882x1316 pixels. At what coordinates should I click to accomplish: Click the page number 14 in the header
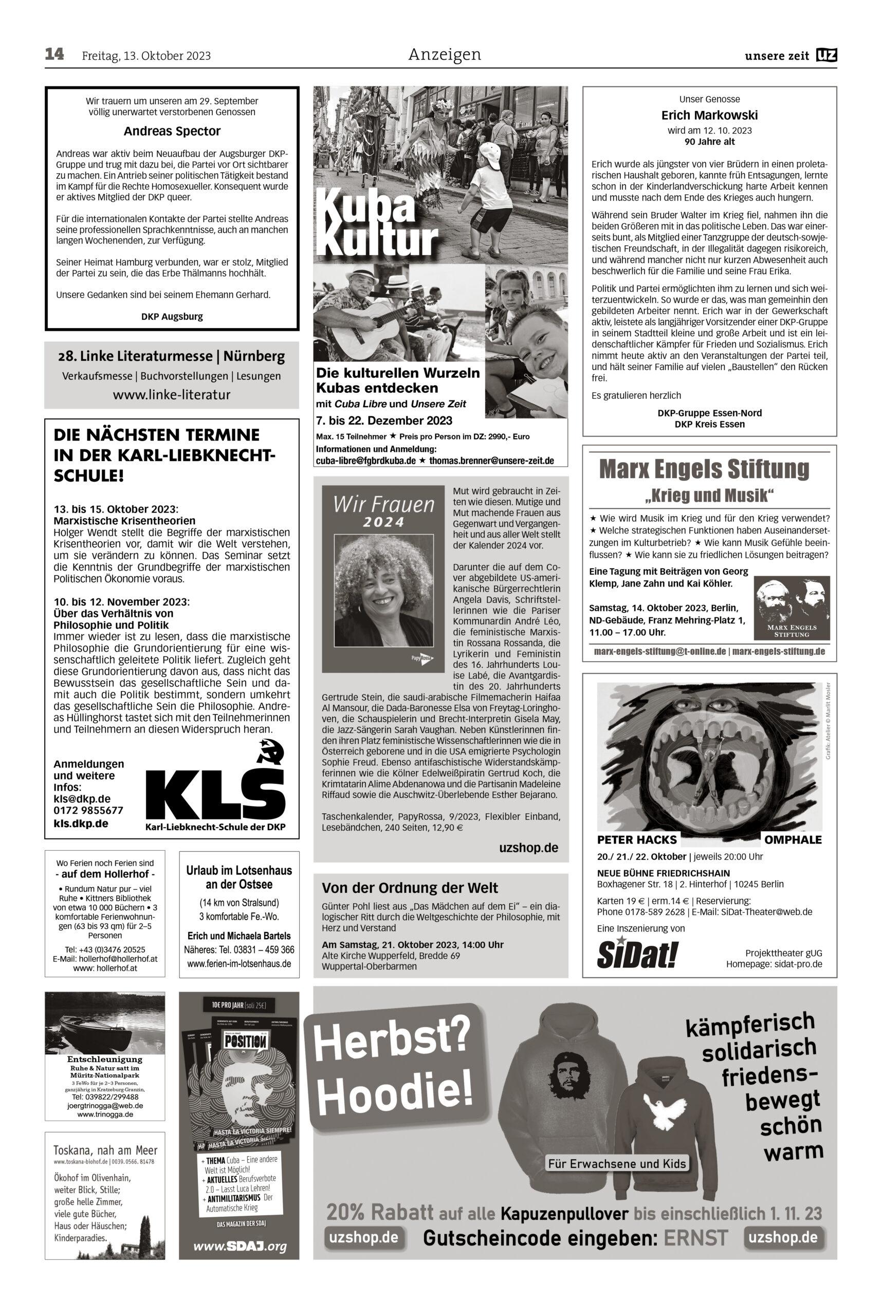[54, 54]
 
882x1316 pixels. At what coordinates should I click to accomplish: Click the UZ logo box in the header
[828, 56]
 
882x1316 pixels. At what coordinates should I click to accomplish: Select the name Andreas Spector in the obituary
[172, 132]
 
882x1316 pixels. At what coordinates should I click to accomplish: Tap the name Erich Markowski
[709, 116]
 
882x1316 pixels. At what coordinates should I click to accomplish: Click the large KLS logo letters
[215, 792]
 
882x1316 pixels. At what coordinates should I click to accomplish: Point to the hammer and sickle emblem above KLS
[270, 752]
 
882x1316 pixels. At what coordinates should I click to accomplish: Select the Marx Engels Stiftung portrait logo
[792, 607]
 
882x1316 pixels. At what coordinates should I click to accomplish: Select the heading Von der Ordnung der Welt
[410, 888]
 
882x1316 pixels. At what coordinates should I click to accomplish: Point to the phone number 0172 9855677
[88, 811]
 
